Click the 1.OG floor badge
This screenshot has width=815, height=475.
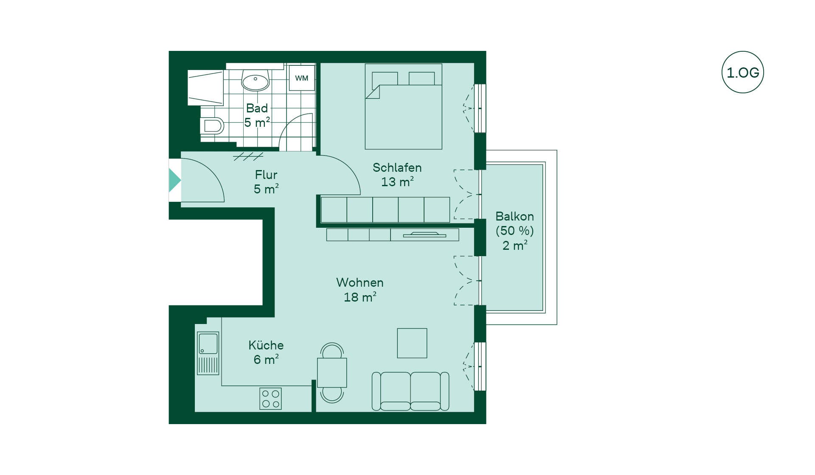pos(742,72)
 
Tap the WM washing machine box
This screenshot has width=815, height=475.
pos(302,78)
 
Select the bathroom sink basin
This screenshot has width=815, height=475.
pos(255,80)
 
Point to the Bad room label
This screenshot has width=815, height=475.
pos(257,108)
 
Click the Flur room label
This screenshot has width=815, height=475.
pos(266,174)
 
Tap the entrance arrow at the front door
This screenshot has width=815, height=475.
pos(175,180)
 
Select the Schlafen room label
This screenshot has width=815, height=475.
pos(397,168)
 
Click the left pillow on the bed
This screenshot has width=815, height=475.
pos(385,78)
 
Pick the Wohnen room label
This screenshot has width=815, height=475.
pos(360,282)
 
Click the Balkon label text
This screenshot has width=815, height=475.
pos(514,216)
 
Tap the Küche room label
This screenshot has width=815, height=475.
pos(266,345)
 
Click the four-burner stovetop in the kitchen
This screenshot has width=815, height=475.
pos(270,399)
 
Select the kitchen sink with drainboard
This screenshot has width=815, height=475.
pos(208,353)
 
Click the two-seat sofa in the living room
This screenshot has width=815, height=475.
pos(410,391)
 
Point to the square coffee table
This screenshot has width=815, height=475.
pos(412,343)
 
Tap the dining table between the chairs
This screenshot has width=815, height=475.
pos(332,372)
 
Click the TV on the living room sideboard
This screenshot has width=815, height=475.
pos(424,235)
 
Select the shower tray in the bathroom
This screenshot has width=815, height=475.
pos(205,88)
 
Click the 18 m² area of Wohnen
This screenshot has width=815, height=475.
pos(360,297)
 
